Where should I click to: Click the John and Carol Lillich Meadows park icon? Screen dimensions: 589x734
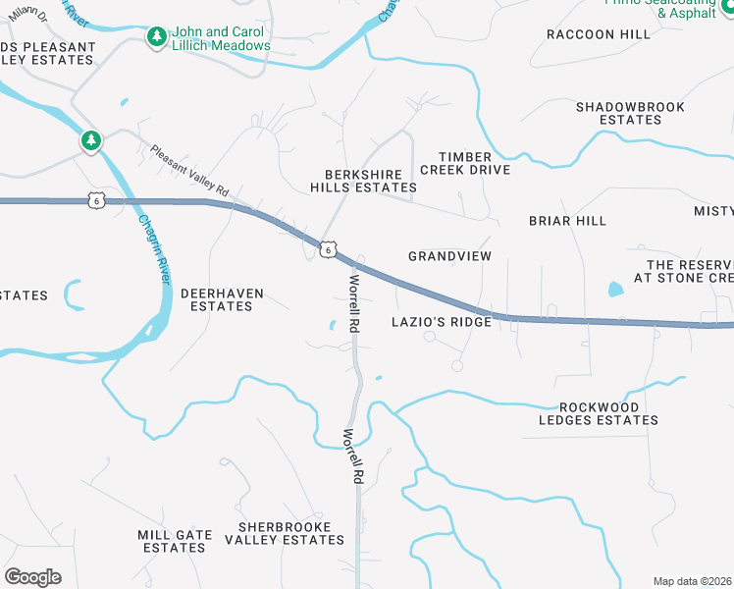156,37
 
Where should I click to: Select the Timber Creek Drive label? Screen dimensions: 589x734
465,163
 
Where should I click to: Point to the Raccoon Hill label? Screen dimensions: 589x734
599,34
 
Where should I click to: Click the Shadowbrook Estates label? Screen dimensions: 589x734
618,113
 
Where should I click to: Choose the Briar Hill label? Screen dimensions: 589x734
567,221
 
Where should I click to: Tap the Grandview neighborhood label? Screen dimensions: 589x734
449,256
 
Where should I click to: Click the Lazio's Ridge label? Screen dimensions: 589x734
440,322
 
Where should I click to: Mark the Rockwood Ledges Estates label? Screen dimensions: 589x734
599,413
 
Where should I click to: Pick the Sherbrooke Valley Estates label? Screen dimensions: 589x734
285,533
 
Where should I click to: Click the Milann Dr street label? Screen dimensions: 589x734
30,10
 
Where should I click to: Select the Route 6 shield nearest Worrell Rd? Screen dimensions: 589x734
327,250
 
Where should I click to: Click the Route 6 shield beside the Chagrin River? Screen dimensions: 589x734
94,200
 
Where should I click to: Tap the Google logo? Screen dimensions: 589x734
32,576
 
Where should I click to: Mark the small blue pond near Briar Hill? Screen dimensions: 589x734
615,290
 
